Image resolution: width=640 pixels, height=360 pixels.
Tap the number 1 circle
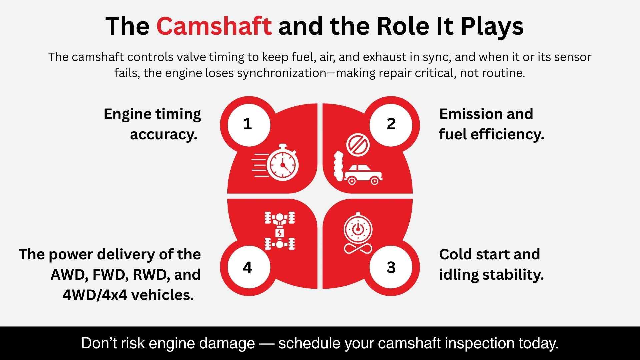tap(248, 125)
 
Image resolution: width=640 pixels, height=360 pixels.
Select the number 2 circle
tap(391, 125)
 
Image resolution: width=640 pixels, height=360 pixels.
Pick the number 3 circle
tap(391, 267)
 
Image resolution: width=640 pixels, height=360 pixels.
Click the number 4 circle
tap(248, 267)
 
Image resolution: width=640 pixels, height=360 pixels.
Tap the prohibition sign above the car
tap(358, 145)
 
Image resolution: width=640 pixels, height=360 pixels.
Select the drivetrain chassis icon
tap(280, 231)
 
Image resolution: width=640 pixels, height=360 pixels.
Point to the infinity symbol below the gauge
tap(358, 249)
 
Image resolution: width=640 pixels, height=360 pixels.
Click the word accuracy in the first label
tap(163, 135)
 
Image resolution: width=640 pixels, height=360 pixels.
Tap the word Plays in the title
tap(492, 27)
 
